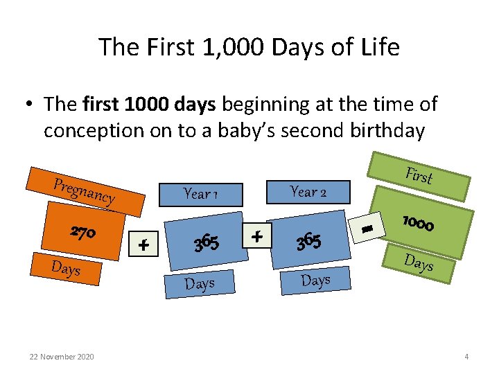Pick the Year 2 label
coord(308,191)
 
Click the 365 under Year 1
coord(207,243)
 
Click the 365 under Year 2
coord(308,242)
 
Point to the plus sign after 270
coord(144,244)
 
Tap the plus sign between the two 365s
coord(257,236)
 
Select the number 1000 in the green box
coord(418,223)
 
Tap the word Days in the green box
coord(419,262)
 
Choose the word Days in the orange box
coord(67,268)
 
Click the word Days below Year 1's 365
coord(200,284)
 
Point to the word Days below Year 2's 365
coord(315,280)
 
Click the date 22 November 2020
coord(62,357)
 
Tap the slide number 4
coord(466,357)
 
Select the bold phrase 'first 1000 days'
coord(150,105)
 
